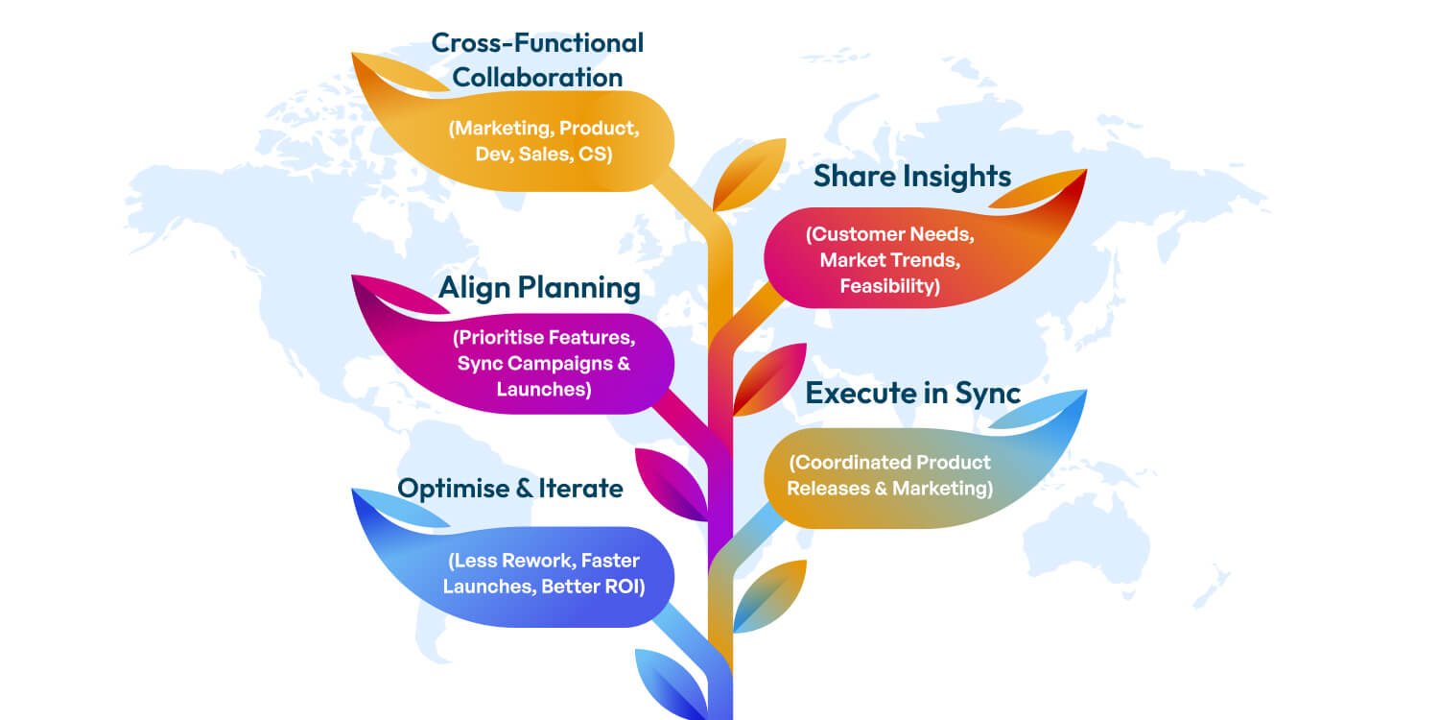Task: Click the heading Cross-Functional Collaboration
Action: point(537,60)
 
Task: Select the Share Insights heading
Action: point(912,177)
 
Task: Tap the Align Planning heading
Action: point(539,287)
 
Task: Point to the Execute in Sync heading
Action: point(912,393)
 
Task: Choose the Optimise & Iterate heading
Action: point(510,488)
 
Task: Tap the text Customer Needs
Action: point(888,234)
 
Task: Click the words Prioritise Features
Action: point(545,338)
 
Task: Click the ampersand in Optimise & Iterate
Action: point(524,488)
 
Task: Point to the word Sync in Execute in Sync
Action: point(988,393)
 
